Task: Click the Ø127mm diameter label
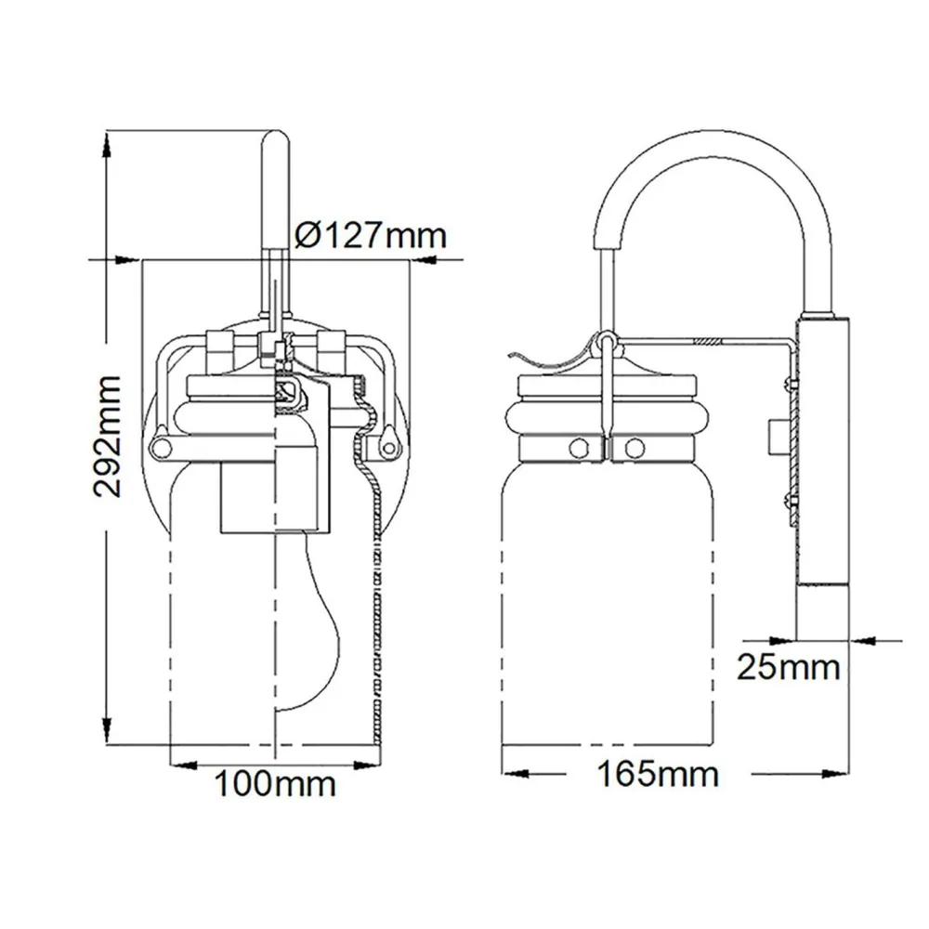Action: [x=371, y=236]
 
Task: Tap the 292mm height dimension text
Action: [x=107, y=436]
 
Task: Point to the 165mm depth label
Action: [x=658, y=774]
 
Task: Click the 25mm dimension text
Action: [x=789, y=667]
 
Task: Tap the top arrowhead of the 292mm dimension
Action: [x=107, y=144]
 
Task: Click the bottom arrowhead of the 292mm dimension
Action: [x=107, y=731]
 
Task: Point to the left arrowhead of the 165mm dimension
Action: [x=515, y=774]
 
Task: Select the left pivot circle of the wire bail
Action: [x=160, y=447]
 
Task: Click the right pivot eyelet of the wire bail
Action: [x=388, y=448]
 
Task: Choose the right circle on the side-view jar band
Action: [x=634, y=448]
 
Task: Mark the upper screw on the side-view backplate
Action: [x=788, y=384]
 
